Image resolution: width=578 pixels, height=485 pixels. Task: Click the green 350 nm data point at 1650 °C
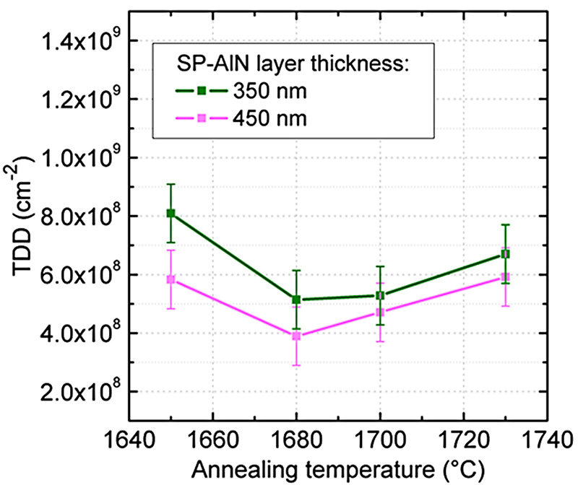(x=171, y=213)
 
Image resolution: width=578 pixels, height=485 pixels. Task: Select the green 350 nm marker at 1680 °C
(x=296, y=300)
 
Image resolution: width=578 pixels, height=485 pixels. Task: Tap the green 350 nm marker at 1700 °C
(x=380, y=295)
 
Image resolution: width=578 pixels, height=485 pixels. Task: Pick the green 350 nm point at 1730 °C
(x=506, y=254)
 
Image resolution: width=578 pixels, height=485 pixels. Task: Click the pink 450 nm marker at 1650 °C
(x=171, y=279)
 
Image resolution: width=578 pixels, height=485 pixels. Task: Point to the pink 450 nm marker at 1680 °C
(x=296, y=336)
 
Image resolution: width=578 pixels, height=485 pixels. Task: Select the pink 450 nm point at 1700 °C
(x=380, y=313)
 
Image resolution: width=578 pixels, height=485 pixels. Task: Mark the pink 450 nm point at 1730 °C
(x=506, y=277)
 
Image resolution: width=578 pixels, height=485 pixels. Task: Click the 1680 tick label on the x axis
(x=296, y=437)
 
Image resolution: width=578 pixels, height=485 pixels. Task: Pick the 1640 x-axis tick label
(x=129, y=437)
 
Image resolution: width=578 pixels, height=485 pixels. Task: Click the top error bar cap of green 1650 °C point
(x=171, y=184)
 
